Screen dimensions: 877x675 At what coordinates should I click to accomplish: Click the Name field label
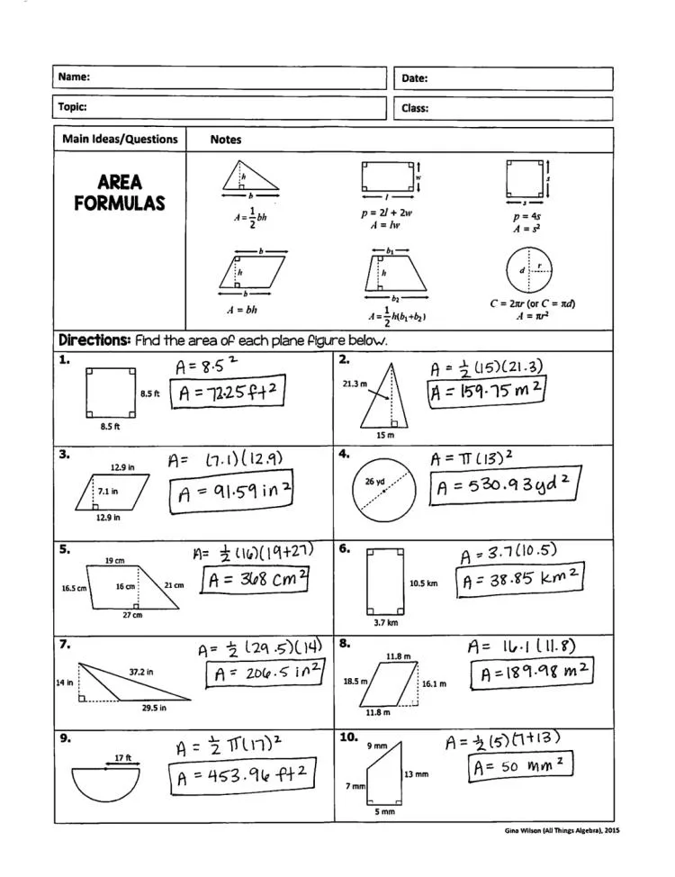coord(74,77)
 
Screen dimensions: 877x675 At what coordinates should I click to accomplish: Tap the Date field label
coord(414,78)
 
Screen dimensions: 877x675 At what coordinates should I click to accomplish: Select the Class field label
coord(414,108)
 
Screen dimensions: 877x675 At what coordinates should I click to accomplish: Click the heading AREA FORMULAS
coord(120,193)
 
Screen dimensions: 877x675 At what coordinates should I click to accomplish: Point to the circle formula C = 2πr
coord(532,303)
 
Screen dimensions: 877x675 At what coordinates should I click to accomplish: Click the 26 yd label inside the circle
coord(374,482)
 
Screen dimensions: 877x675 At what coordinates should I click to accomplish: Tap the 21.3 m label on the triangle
coord(355,384)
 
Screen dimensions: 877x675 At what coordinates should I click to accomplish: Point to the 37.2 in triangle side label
coord(139,672)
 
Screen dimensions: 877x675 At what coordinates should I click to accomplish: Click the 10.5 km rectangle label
coord(423,583)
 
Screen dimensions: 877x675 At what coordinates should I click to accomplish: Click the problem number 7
coord(64,644)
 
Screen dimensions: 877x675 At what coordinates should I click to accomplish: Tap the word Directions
coord(94,340)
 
